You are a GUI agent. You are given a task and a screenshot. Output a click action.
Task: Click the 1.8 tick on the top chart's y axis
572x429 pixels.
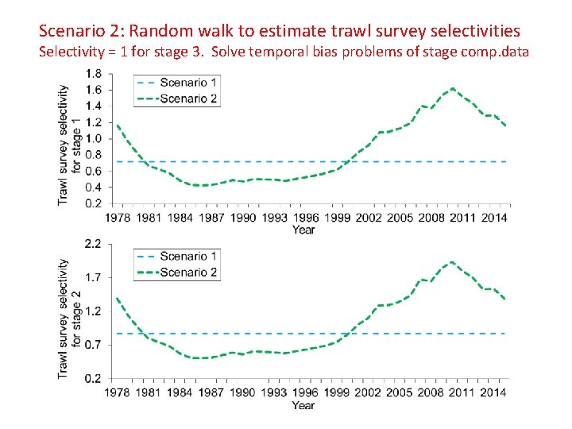[x=93, y=74]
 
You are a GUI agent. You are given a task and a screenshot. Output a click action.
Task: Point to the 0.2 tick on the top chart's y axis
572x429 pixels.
[x=93, y=204]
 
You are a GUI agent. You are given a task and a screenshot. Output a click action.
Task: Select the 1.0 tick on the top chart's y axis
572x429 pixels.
[x=93, y=139]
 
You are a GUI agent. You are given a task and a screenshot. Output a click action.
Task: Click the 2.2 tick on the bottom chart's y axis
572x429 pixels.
[x=93, y=244]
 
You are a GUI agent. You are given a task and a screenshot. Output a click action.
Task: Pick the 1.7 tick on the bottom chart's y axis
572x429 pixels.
[x=93, y=278]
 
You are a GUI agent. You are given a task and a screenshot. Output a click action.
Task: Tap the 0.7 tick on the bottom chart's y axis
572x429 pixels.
[x=93, y=345]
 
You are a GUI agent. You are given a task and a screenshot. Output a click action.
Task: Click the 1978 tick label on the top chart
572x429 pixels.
[x=118, y=218]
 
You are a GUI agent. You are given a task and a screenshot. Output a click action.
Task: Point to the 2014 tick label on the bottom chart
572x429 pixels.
[x=494, y=392]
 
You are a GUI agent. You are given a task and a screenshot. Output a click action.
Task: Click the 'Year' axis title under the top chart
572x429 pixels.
[x=303, y=230]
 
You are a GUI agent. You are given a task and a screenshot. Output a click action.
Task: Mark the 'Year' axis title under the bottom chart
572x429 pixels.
[x=303, y=405]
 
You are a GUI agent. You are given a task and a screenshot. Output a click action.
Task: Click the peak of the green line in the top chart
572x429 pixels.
[x=452, y=88]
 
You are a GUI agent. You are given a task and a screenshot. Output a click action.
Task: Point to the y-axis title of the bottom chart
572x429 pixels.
[x=70, y=318]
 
